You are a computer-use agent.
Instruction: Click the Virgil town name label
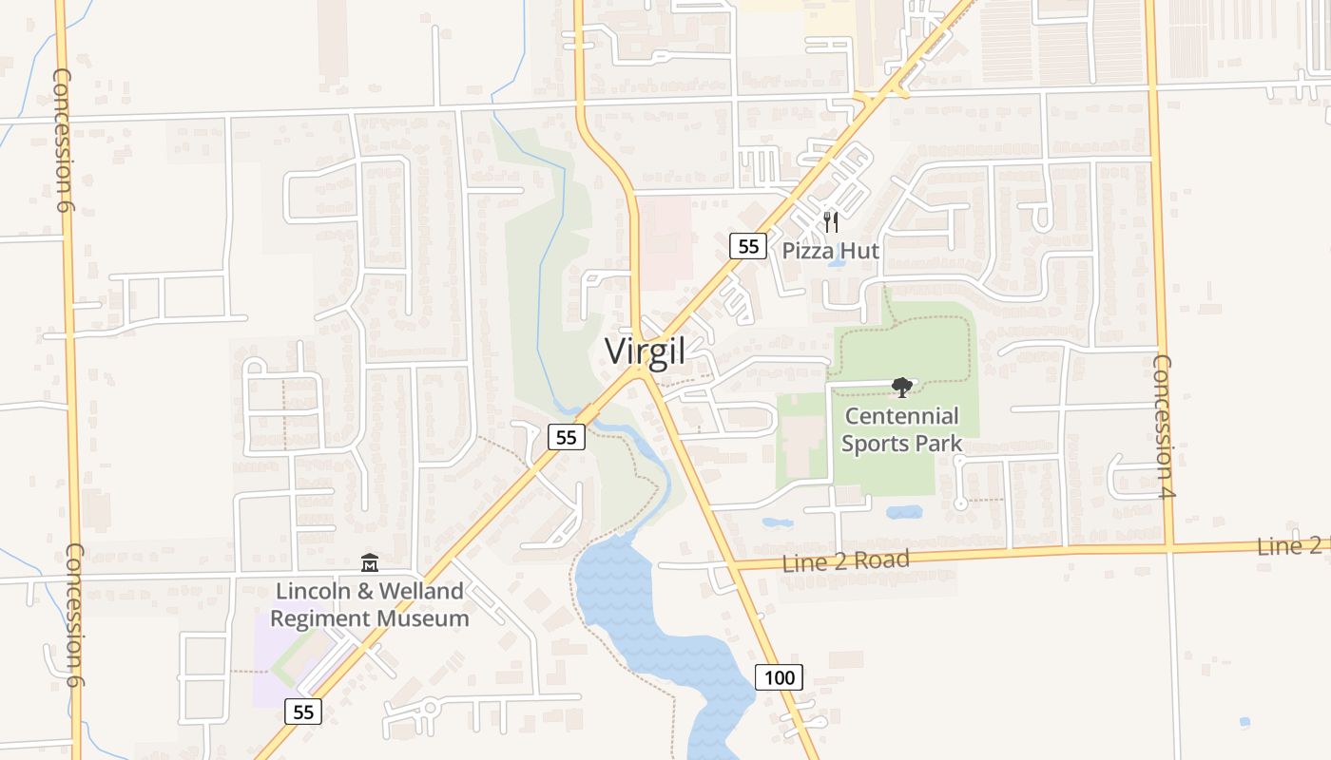[646, 351]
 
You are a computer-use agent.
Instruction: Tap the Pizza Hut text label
[831, 251]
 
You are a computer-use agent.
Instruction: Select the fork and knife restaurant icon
[831, 222]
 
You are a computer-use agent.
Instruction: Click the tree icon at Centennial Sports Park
[901, 387]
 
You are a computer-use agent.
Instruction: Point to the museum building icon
[370, 563]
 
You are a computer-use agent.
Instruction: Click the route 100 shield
[779, 677]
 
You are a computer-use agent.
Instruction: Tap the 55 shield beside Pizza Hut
[748, 246]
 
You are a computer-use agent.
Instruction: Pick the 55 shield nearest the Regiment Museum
[303, 712]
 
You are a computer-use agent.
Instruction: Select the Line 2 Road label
[845, 560]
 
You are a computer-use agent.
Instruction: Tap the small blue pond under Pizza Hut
[837, 262]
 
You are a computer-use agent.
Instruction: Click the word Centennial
[901, 416]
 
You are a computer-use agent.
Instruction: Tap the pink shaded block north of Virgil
[665, 237]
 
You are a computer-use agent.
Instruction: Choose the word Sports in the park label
[874, 443]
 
